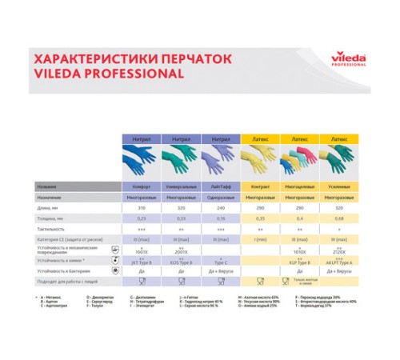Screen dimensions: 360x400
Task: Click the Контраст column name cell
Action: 261,186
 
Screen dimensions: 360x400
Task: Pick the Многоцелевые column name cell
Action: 299,186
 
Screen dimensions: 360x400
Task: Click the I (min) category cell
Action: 261,238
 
